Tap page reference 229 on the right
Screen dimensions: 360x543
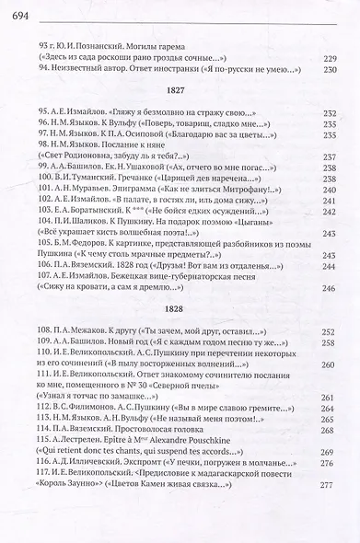coord(337,58)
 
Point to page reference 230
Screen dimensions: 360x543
coord(337,70)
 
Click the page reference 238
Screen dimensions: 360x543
coord(337,168)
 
